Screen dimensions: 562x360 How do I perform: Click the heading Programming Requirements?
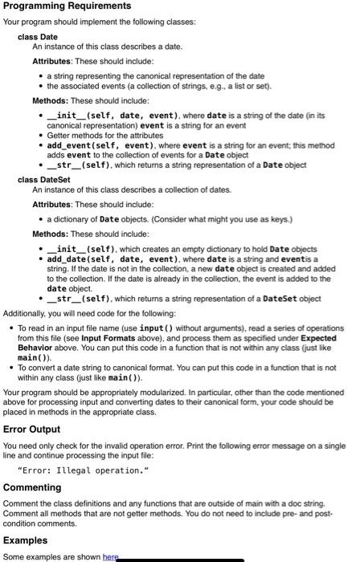[x=67, y=6]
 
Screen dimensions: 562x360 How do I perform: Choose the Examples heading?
[x=26, y=540]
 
